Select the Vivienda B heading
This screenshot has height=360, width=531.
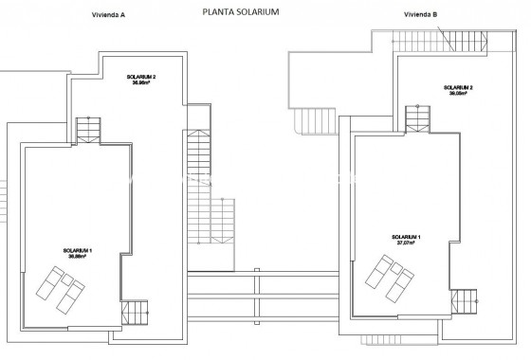tap(420, 15)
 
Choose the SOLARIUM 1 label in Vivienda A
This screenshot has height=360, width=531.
tap(76, 250)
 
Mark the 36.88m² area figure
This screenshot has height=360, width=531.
tap(76, 257)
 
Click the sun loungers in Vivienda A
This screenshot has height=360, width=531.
tap(60, 288)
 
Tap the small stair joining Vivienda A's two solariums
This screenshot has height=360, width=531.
tap(87, 129)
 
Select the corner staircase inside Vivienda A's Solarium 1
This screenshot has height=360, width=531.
tap(136, 311)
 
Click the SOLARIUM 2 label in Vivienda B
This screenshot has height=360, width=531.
tap(458, 87)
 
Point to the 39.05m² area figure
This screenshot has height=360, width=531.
tap(458, 94)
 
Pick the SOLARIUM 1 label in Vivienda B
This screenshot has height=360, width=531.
tap(406, 236)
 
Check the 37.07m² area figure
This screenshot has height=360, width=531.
tap(406, 243)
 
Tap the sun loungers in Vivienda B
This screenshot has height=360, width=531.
tap(392, 278)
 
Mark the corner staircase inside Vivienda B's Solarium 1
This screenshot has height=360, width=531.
tap(464, 301)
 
